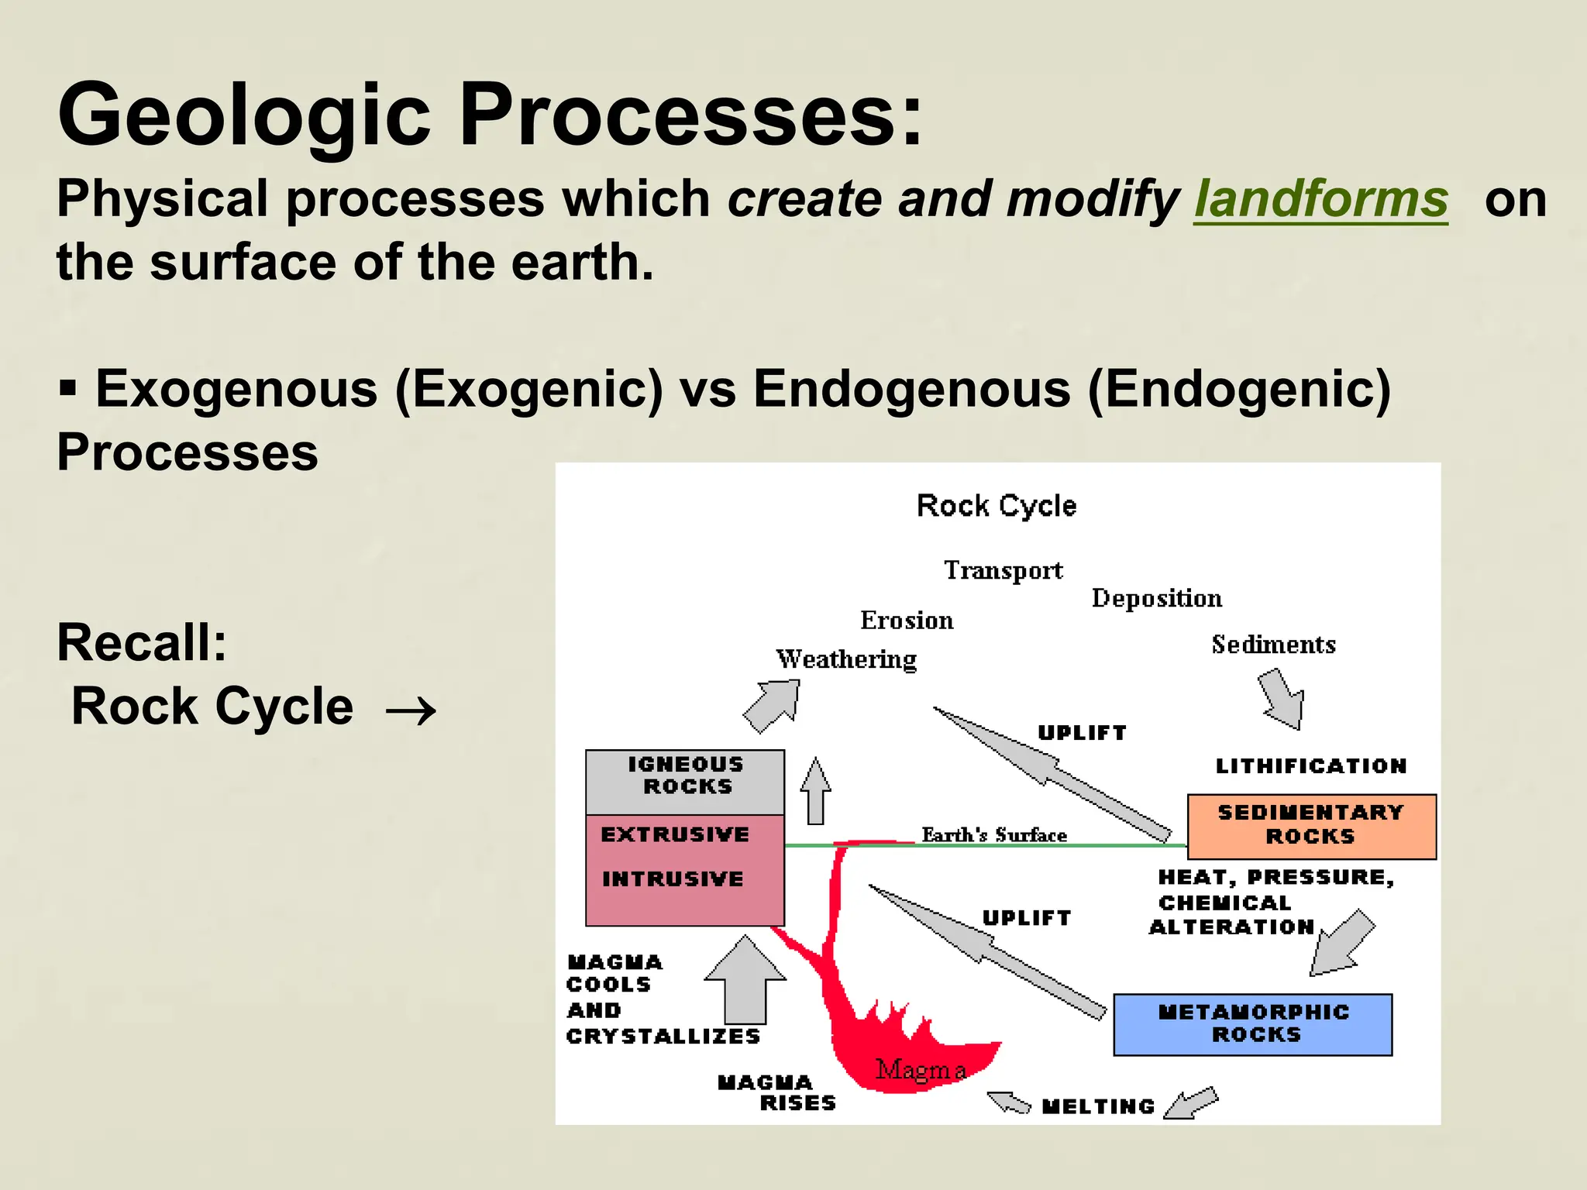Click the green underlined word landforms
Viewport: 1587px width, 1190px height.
tap(1320, 199)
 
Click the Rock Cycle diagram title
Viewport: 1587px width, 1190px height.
tap(997, 506)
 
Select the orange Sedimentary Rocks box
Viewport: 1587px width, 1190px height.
tap(1311, 826)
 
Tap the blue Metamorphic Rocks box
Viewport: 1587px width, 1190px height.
tap(1253, 1024)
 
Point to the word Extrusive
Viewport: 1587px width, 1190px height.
tap(675, 834)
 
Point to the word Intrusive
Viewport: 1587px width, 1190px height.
tap(673, 879)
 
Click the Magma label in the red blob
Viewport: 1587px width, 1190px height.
tap(921, 1070)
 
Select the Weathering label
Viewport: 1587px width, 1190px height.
tap(846, 659)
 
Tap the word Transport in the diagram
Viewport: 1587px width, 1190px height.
tap(1003, 570)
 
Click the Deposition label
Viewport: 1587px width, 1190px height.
tap(1156, 598)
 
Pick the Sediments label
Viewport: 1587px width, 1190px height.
tap(1273, 645)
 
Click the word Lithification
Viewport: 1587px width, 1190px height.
tap(1310, 766)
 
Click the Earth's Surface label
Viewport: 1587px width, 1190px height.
tap(994, 834)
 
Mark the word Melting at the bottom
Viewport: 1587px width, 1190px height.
tap(1098, 1106)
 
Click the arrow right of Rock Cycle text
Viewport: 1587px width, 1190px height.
tap(411, 710)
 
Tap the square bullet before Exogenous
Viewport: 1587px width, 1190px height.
tap(68, 387)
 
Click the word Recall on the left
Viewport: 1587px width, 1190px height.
tap(142, 642)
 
